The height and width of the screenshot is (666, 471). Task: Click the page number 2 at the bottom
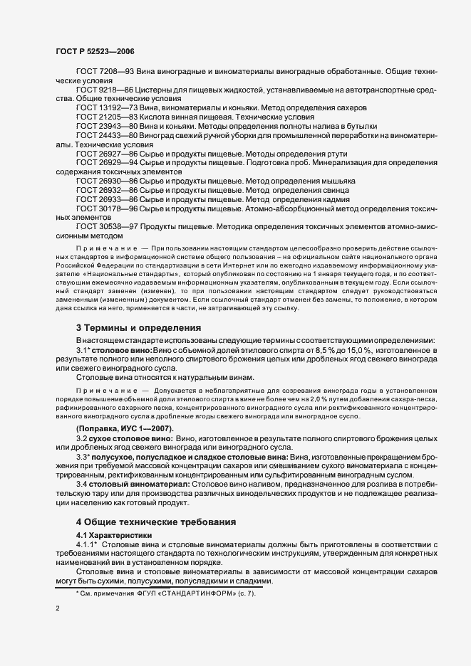[x=57, y=610]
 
